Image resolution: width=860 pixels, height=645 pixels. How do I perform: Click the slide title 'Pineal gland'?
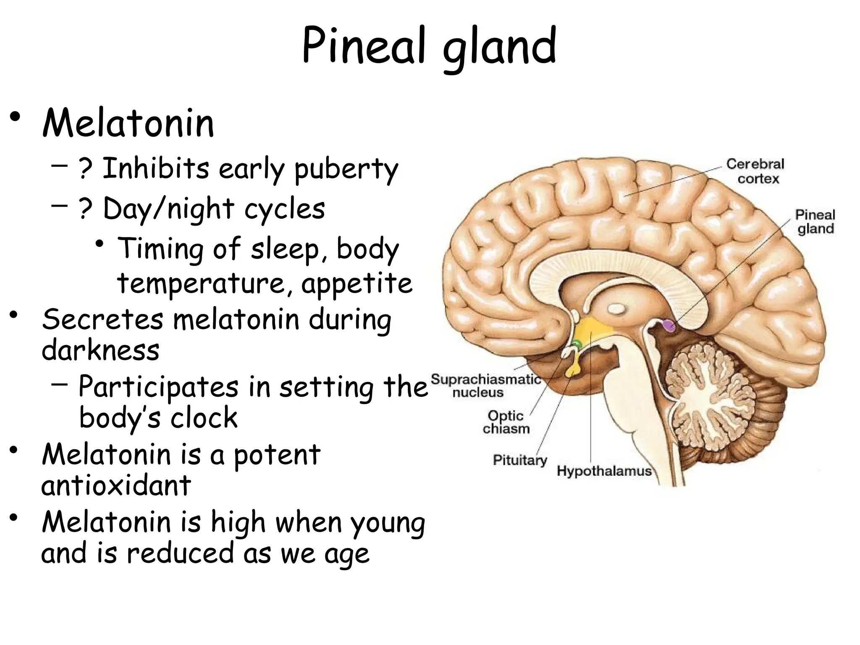(429, 46)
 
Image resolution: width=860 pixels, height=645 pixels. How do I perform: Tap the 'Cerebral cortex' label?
(755, 171)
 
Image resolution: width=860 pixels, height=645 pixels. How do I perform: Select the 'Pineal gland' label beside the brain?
(815, 222)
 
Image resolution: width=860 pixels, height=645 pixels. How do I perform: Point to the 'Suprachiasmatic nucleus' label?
(486, 385)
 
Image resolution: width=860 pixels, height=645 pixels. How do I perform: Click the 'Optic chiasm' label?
(506, 422)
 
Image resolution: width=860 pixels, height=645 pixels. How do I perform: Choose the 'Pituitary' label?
(520, 460)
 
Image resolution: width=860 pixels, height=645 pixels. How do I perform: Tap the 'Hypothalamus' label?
(604, 471)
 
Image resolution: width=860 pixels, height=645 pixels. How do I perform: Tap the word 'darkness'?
(100, 350)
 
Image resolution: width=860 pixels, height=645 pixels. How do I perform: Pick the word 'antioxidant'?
(116, 485)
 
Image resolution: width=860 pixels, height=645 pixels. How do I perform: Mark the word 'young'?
(387, 523)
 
